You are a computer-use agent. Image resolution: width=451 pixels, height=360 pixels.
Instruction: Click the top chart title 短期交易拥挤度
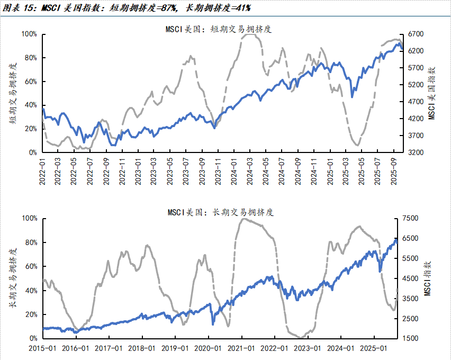pyautogui.click(x=219, y=30)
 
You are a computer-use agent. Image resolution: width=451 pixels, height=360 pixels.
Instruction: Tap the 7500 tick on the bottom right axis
pyautogui.click(x=411, y=218)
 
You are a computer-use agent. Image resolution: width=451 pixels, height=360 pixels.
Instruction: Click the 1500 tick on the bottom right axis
pyautogui.click(x=411, y=338)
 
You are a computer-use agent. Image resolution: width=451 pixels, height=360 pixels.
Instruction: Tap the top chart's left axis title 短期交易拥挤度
pyautogui.click(x=12, y=93)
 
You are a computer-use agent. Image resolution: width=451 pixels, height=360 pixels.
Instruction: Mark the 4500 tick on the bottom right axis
pyautogui.click(x=411, y=278)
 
